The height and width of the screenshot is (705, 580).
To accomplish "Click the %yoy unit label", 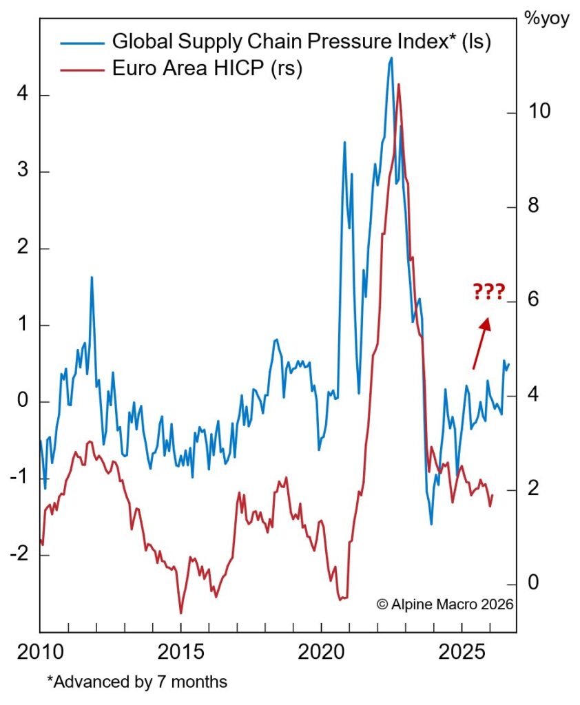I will (547, 18).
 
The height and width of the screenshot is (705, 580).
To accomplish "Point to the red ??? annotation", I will (488, 291).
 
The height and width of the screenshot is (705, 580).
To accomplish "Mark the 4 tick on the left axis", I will (23, 95).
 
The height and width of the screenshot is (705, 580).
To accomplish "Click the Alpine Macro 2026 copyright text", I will (445, 604).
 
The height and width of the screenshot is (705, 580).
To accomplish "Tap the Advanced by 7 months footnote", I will (137, 682).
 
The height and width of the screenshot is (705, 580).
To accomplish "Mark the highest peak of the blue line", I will (391, 58).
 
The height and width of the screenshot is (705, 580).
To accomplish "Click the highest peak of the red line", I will (399, 84).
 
